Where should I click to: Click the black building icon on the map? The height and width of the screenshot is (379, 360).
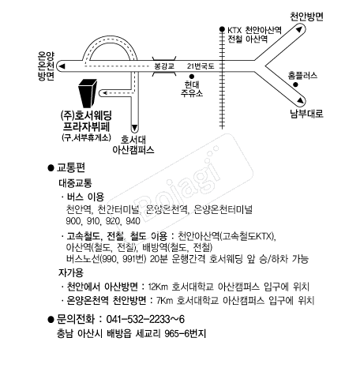[x=88, y=93]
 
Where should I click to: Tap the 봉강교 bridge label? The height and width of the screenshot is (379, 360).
[x=164, y=66]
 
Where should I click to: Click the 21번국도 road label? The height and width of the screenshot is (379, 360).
[x=201, y=66]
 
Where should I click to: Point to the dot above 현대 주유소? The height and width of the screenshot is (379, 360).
[x=192, y=77]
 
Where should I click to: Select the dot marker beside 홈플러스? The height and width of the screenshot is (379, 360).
[x=295, y=84]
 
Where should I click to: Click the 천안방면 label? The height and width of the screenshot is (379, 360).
[x=306, y=17]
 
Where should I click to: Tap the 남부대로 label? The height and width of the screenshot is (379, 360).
[x=306, y=114]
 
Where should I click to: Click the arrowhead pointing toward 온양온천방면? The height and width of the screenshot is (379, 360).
[x=62, y=66]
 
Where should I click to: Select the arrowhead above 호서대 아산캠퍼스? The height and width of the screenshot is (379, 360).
[x=134, y=128]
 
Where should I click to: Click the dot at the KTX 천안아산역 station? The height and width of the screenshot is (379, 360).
[x=222, y=29]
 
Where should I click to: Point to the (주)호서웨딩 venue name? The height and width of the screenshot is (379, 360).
[x=86, y=115]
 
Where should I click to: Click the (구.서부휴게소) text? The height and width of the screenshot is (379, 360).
[x=86, y=137]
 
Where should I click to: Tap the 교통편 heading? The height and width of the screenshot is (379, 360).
[x=71, y=167]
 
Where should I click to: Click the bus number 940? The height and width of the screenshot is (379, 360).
[x=133, y=221]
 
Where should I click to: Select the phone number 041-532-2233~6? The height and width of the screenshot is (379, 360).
[x=145, y=319]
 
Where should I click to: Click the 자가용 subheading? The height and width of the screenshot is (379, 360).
[x=71, y=272]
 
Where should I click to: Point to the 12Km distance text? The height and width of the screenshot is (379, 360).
[x=158, y=287]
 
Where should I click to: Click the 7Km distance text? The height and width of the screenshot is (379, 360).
[x=164, y=300]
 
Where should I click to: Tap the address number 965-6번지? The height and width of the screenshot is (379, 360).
[x=185, y=334]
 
